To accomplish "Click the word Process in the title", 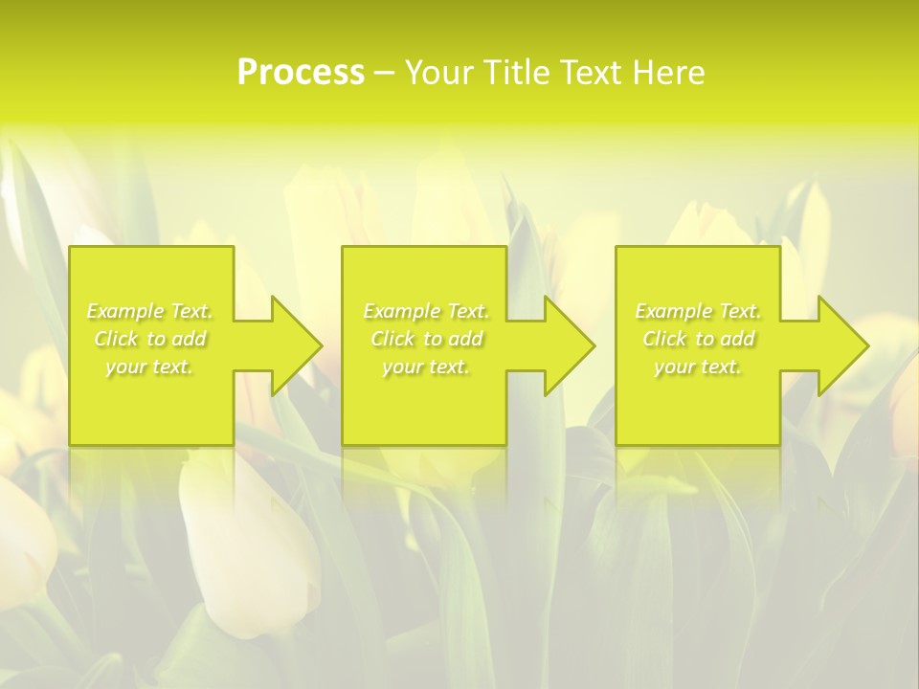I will click(x=301, y=73).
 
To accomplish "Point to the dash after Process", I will click(x=384, y=74).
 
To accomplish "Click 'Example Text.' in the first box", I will click(x=149, y=311).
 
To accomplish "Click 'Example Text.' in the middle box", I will click(x=426, y=311).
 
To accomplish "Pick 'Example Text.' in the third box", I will click(x=698, y=311).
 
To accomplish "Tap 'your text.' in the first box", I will click(x=149, y=367).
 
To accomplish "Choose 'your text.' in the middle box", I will click(x=426, y=367).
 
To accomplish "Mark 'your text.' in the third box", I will click(x=698, y=367).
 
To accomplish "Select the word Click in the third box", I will click(x=664, y=339).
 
